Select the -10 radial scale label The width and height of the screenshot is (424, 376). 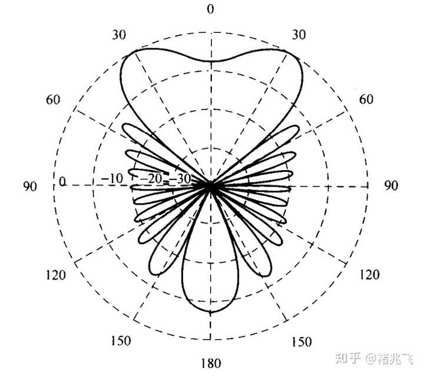point(112,178)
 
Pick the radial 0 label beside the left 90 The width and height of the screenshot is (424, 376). point(62,182)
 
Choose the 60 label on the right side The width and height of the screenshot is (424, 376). point(366,99)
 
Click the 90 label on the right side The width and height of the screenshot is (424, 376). point(391,186)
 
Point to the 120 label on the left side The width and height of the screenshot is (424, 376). point(55,275)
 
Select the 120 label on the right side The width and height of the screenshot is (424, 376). point(369,275)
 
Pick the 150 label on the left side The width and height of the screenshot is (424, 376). point(121,341)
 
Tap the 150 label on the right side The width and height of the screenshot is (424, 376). point(302,341)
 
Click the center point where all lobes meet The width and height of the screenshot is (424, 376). point(210,185)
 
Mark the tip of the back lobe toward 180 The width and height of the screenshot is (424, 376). point(210,312)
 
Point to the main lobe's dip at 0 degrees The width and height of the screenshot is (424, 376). point(210,61)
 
